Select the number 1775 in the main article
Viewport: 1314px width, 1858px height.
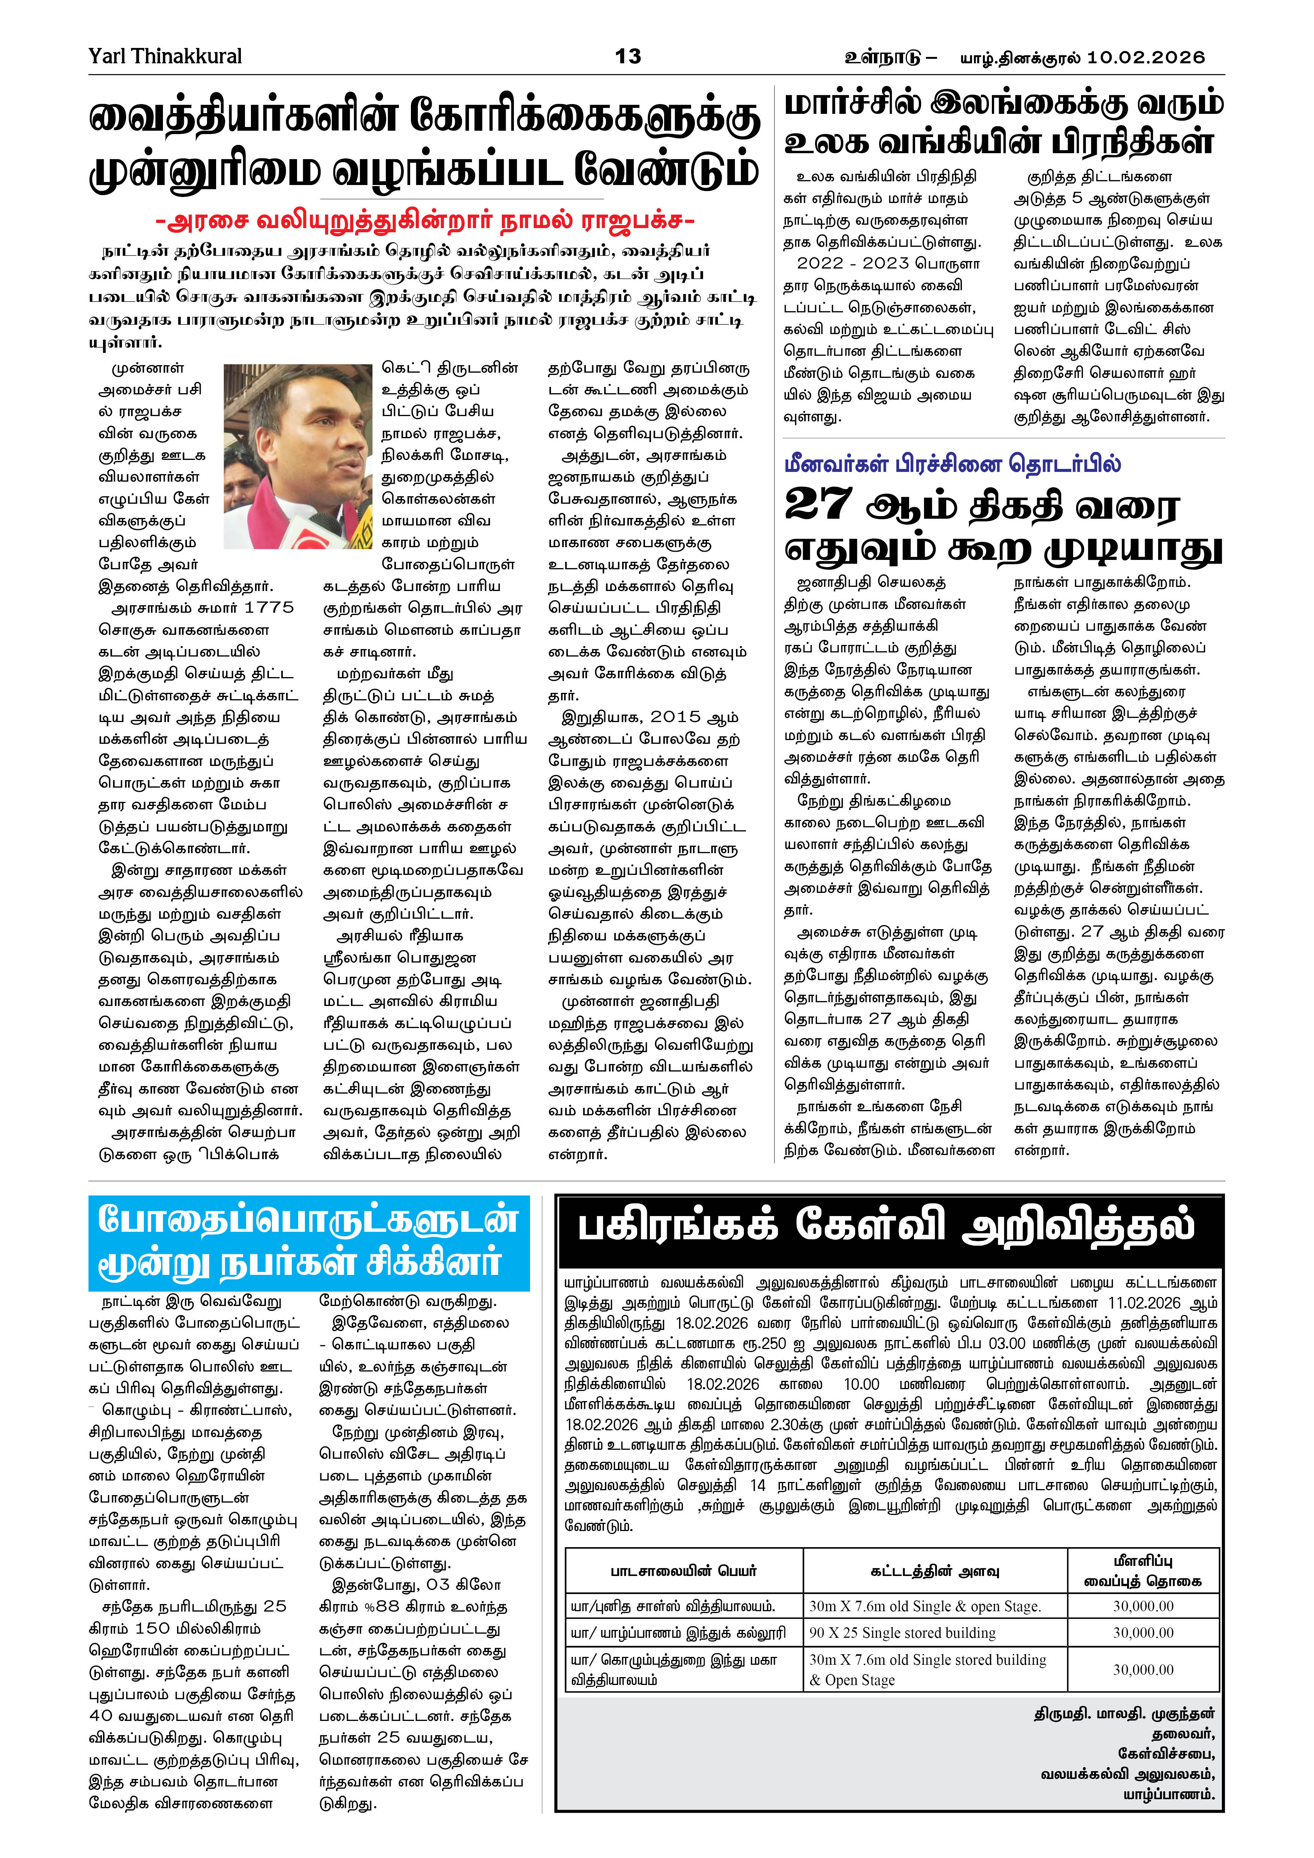click(x=269, y=608)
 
